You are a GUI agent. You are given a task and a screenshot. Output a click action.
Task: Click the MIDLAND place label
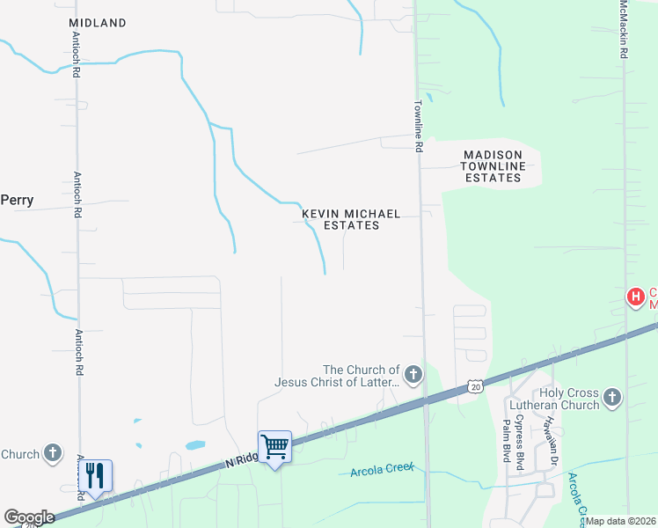point(97,23)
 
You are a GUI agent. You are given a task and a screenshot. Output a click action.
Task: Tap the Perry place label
point(17,201)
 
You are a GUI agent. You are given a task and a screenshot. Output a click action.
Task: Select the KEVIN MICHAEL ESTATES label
point(351,219)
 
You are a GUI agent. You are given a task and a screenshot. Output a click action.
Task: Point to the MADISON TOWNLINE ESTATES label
point(493,166)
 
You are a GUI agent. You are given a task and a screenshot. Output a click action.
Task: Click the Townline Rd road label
point(420,125)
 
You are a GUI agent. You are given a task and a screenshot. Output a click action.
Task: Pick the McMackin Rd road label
point(623,30)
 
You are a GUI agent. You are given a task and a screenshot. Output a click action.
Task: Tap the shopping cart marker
point(274,447)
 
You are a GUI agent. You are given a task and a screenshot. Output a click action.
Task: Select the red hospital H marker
point(635,298)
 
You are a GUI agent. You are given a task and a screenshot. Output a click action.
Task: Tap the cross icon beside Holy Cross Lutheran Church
point(613,399)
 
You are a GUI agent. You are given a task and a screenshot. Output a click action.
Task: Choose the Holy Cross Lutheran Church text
point(557,399)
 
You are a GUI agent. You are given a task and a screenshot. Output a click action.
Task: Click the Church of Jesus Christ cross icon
point(412,376)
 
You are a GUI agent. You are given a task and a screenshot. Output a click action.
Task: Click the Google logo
point(29,517)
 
